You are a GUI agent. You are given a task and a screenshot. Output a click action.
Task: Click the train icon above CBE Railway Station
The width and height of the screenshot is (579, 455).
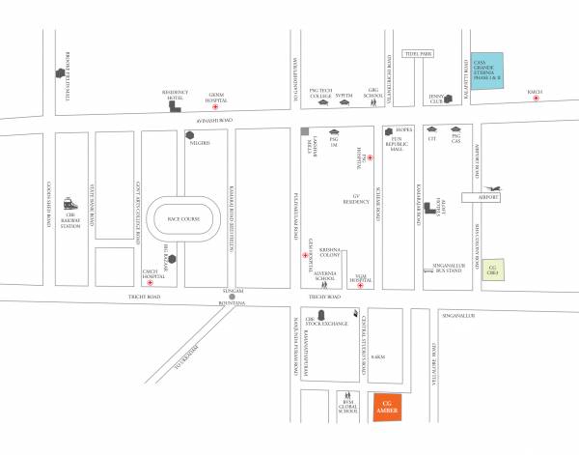tap(69, 205)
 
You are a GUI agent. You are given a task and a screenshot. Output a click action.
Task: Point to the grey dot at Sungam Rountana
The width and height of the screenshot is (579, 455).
tap(233, 297)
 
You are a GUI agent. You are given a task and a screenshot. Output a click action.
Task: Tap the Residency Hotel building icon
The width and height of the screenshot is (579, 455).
tap(174, 104)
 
